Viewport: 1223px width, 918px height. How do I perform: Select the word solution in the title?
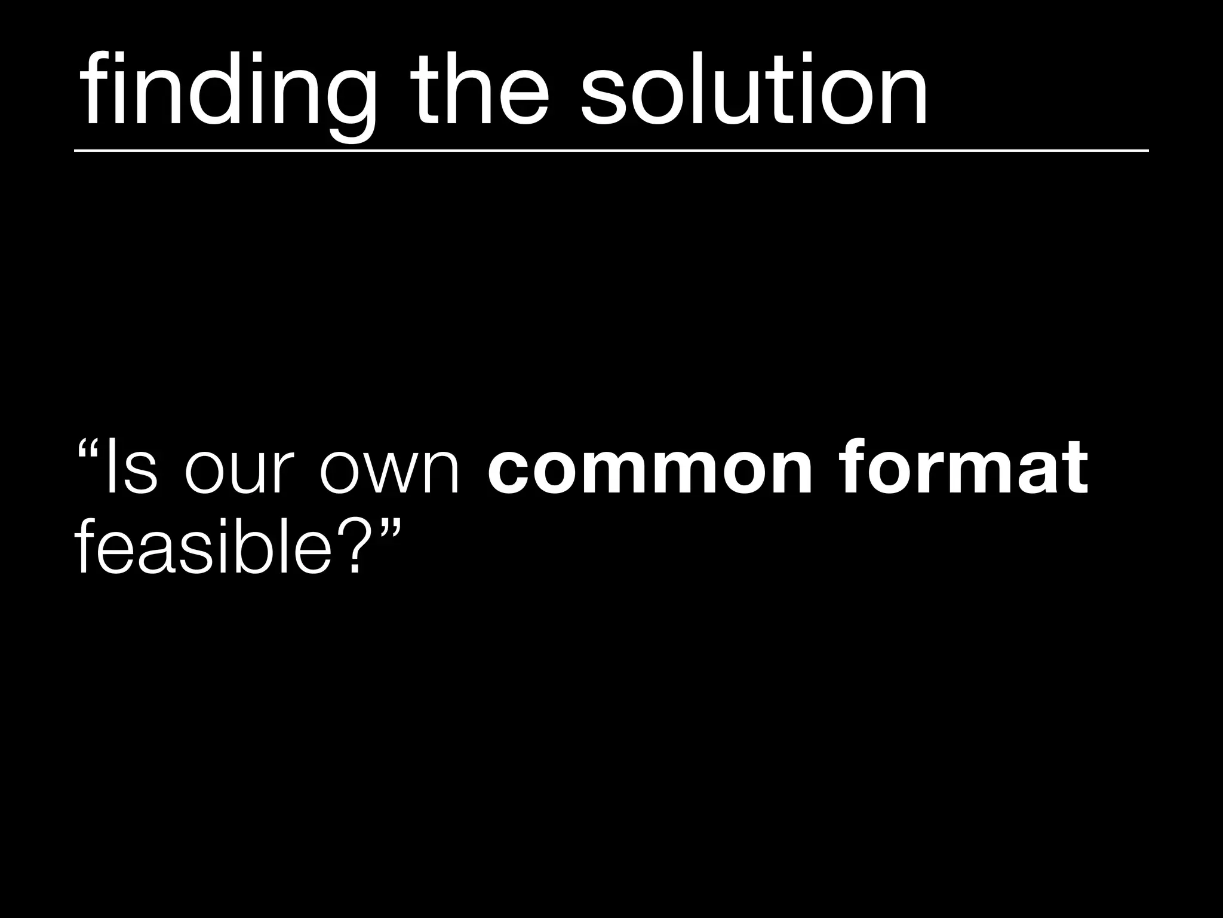[754, 90]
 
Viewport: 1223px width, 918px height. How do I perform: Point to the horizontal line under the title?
[611, 151]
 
